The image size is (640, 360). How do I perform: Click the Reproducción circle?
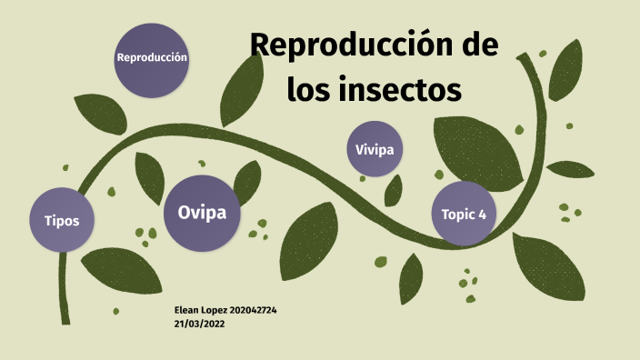click(152, 58)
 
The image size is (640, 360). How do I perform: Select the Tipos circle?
click(62, 221)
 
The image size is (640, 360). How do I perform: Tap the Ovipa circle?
click(202, 214)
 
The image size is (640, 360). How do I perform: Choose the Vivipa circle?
click(375, 149)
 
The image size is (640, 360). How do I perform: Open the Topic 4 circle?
click(463, 214)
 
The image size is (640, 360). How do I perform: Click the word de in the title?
click(478, 45)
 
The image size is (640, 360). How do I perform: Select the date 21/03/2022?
click(200, 324)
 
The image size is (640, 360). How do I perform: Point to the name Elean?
click(189, 311)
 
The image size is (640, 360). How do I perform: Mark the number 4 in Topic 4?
click(482, 215)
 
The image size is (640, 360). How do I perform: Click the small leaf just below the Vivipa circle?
click(393, 189)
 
